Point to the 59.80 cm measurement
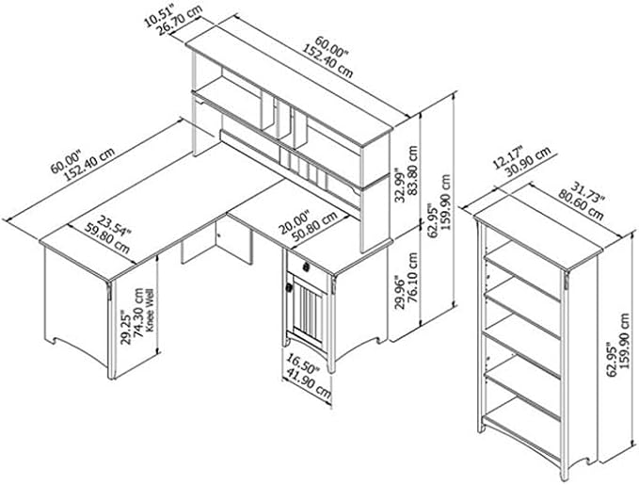coord(107,238)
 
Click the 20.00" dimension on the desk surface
coord(295,221)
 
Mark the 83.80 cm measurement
coord(413,170)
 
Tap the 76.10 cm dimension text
coord(413,278)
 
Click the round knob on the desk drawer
coord(306,267)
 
